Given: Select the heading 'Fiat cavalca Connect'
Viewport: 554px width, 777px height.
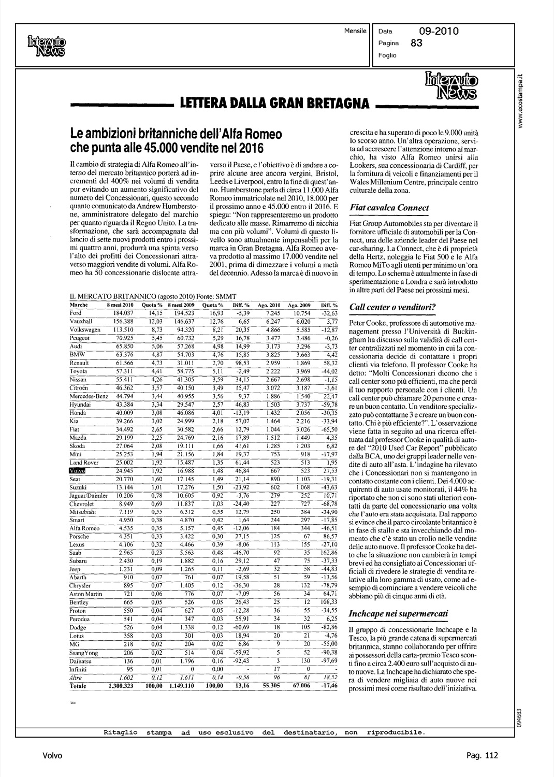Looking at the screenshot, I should [x=389, y=208].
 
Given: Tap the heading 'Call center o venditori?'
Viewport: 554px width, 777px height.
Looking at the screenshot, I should [x=393, y=307].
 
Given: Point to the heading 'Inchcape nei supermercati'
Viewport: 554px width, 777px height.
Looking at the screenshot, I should [x=399, y=613].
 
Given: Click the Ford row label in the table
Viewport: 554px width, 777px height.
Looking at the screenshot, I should [x=76, y=313].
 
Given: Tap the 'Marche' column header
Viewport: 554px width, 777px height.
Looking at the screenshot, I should [x=79, y=306].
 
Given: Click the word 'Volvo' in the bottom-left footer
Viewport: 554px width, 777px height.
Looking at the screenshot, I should [x=52, y=755].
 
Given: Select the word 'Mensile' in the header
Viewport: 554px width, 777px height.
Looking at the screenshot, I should [x=355, y=31].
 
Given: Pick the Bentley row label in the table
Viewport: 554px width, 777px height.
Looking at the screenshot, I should [x=79, y=603].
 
